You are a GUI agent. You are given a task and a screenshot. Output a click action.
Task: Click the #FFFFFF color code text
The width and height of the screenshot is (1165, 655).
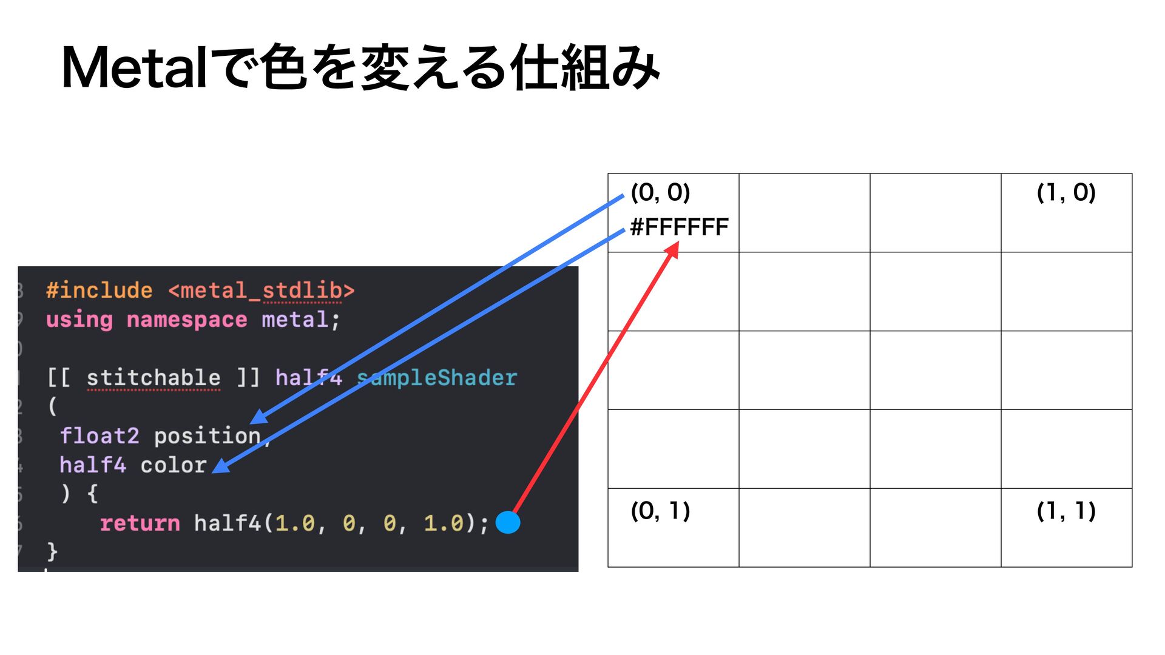tap(679, 227)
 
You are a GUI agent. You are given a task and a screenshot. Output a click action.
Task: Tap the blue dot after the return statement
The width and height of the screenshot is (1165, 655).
tap(508, 522)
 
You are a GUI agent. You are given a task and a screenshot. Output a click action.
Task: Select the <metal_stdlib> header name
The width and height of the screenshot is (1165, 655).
tap(262, 291)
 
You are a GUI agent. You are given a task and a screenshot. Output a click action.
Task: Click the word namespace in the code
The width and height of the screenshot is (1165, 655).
tap(187, 320)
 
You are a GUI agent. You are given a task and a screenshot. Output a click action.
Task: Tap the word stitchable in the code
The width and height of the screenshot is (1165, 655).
tap(154, 378)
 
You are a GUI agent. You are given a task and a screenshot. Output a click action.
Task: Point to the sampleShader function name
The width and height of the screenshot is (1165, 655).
tap(437, 378)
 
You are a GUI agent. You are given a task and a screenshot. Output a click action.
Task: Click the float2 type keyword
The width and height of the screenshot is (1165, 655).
tap(100, 436)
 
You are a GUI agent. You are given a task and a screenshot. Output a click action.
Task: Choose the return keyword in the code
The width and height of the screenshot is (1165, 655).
tap(140, 523)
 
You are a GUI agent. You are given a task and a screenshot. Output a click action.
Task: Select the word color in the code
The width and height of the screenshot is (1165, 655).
tap(174, 465)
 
